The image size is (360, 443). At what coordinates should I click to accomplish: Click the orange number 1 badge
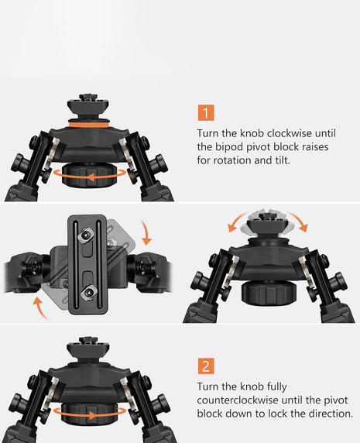pos(206,113)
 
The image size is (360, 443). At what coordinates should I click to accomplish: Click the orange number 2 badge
pos(206,366)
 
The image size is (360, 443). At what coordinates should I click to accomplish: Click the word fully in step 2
pos(276,386)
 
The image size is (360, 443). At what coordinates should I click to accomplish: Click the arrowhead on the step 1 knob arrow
pos(91,177)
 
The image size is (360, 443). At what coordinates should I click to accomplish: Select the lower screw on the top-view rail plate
pos(86,294)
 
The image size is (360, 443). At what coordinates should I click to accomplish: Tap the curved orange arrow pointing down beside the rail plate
pos(147,232)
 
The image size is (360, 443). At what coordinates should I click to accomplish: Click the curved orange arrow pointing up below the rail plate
pos(40,308)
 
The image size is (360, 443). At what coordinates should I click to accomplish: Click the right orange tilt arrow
pos(300,221)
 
